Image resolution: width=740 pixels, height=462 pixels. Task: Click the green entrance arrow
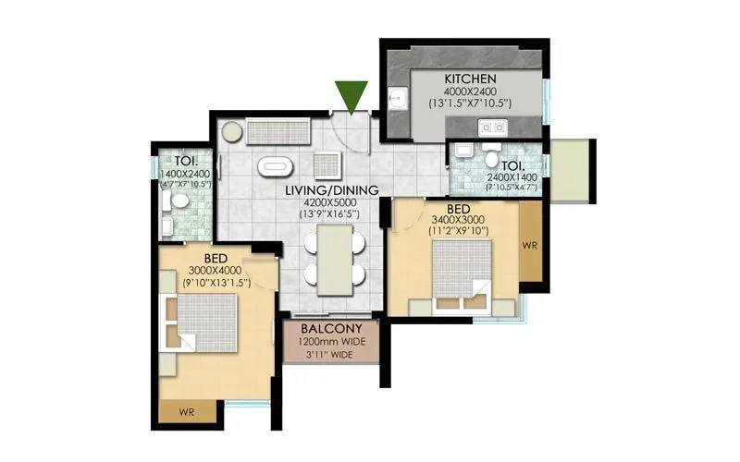click(351, 95)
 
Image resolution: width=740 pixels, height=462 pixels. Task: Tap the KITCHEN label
click(472, 79)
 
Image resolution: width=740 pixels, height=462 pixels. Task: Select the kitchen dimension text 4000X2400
click(472, 91)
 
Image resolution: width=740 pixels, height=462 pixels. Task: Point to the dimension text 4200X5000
click(330, 202)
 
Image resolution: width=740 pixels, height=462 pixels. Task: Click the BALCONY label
click(330, 329)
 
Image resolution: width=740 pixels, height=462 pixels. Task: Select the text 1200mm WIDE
click(330, 342)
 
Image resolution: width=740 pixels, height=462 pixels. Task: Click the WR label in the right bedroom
click(529, 247)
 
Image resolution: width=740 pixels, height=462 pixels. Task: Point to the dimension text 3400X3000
click(457, 220)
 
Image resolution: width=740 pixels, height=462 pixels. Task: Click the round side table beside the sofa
click(230, 132)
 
